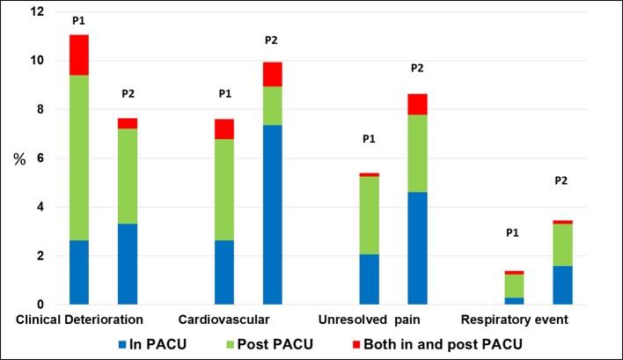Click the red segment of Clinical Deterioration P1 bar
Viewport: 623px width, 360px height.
(79, 55)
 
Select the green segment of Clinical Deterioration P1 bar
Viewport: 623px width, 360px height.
(79, 158)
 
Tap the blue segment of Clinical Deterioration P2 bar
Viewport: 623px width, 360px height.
(128, 264)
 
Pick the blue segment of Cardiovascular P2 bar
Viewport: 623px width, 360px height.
(273, 215)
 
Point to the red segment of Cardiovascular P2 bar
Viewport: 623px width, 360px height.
(273, 74)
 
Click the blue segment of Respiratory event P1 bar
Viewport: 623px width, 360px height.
(513, 300)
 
